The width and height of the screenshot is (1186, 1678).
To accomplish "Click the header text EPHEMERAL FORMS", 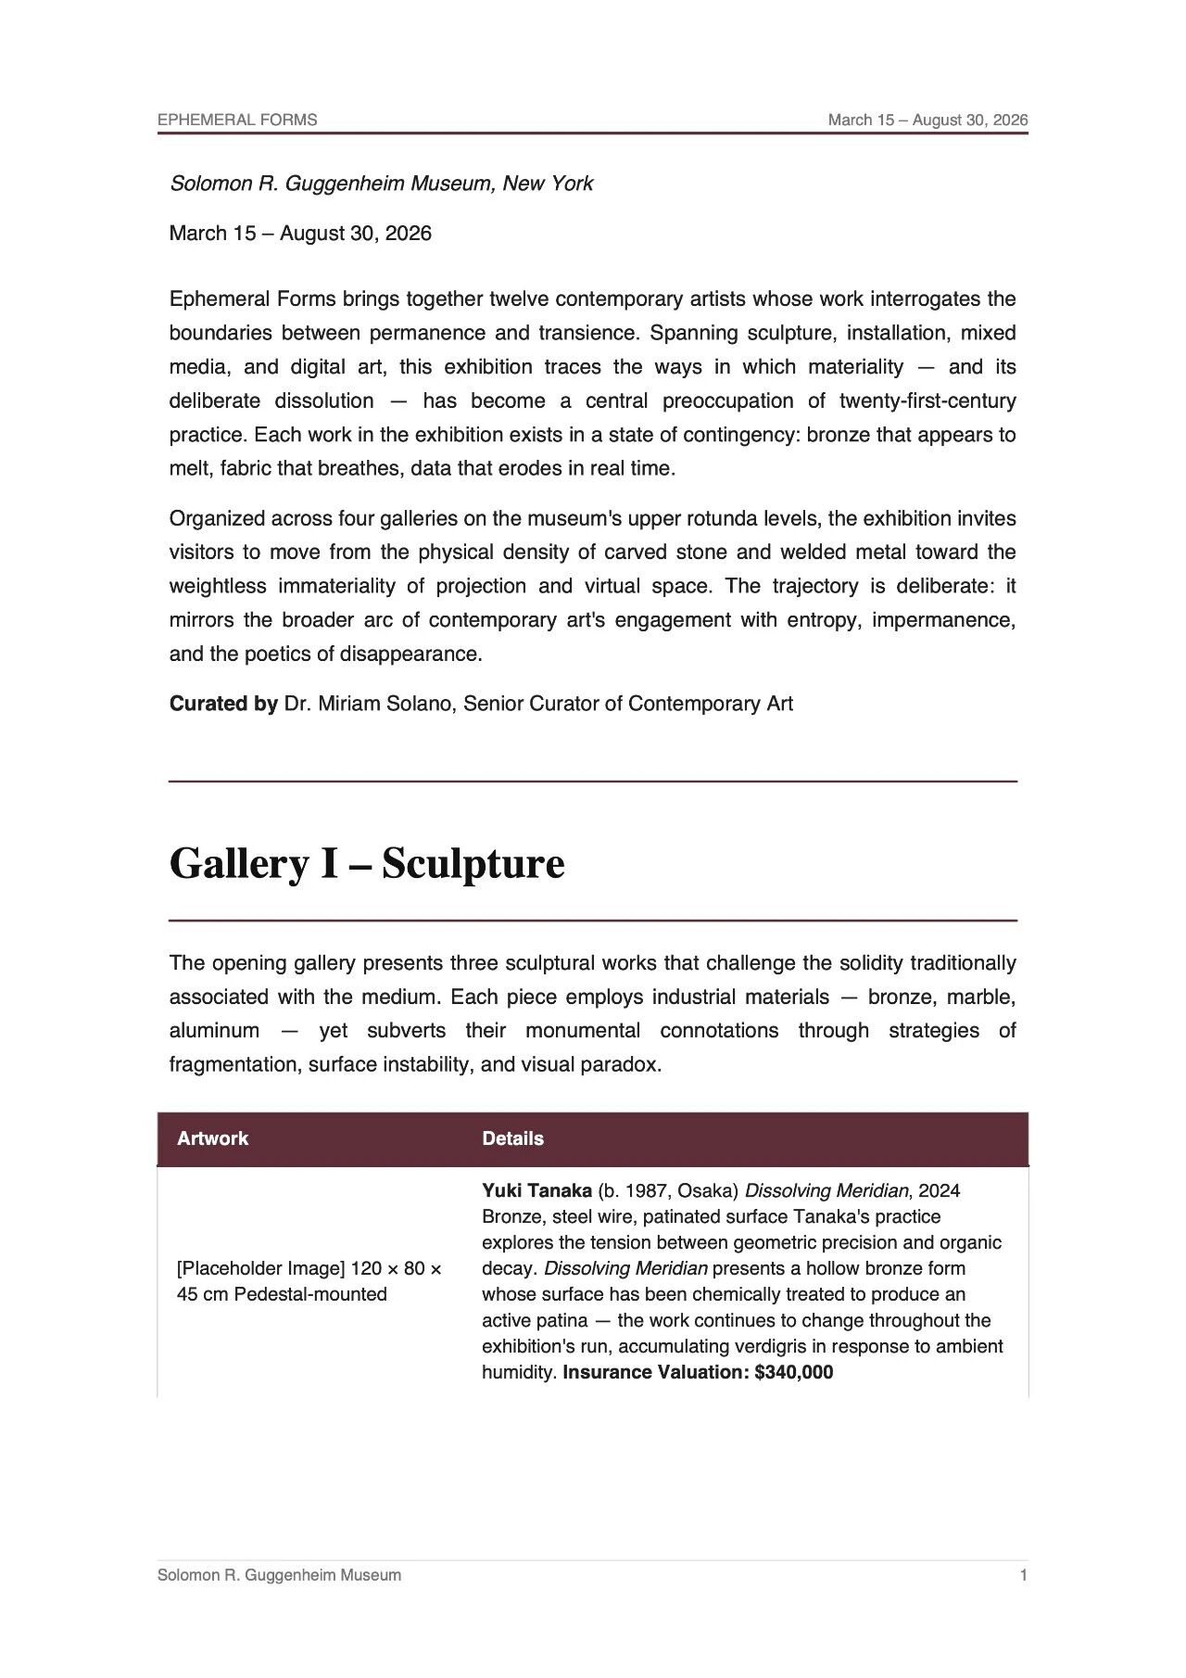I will point(237,120).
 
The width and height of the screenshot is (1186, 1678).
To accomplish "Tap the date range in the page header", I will point(927,120).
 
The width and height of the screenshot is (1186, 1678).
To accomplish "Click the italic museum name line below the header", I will point(381,184).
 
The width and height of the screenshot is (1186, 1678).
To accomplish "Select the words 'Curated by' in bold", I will point(223,704).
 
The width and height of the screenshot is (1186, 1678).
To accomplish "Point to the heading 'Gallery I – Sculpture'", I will point(366,864).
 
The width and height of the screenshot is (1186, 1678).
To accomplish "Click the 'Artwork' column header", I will point(212,1138).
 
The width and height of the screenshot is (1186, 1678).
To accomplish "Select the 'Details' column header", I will point(512,1138).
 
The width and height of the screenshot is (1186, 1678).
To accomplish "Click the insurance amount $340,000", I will point(793,1372).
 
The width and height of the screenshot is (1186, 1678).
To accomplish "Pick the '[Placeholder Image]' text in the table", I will point(261,1268).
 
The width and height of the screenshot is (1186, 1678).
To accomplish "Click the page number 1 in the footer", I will point(1023,1575).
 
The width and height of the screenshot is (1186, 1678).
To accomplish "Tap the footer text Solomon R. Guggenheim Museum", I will point(279,1575).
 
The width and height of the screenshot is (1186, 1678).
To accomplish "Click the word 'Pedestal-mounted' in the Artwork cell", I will point(310,1294).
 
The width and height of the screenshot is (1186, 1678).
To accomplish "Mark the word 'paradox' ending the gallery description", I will point(625,1064).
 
